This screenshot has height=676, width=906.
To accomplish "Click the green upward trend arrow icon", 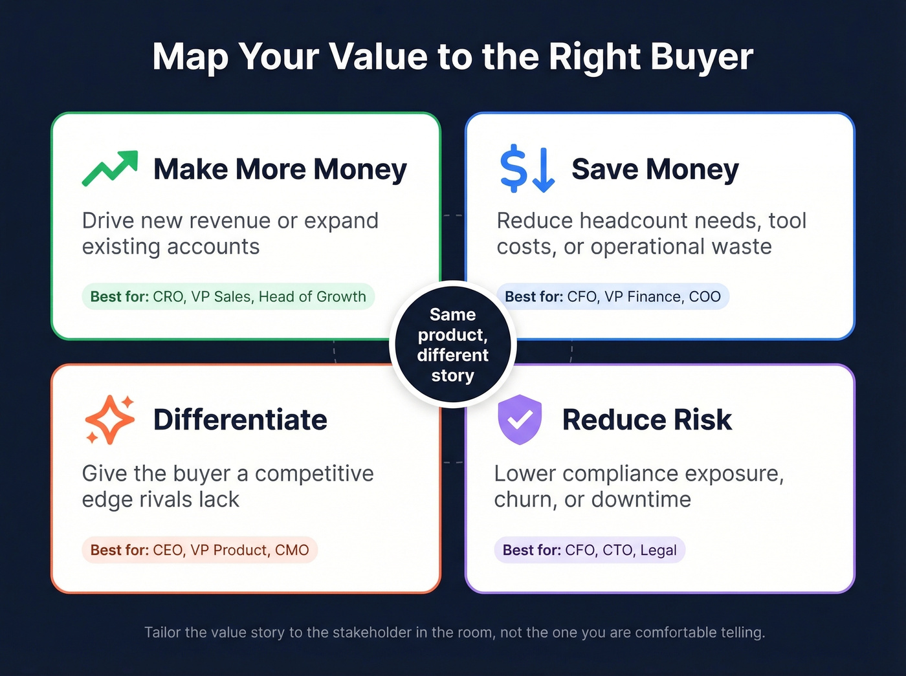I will click(110, 168).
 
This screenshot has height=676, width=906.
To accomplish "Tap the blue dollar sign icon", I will click(527, 169).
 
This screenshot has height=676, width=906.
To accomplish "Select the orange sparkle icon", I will click(109, 420).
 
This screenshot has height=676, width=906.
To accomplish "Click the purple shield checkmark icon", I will click(519, 420).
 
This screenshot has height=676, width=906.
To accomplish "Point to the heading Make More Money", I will click(280, 169).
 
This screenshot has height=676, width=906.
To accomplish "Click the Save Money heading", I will click(655, 169).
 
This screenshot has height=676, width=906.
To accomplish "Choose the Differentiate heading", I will click(240, 420).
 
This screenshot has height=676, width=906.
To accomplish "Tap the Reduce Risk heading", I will click(646, 420).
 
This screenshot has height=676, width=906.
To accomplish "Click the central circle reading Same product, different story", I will click(452, 345).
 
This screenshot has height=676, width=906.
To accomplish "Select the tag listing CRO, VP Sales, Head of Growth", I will click(228, 297).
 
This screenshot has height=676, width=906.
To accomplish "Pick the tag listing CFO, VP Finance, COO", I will click(612, 297).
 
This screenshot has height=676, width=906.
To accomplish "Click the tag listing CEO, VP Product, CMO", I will click(199, 551).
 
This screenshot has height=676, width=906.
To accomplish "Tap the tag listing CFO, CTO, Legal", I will click(589, 551).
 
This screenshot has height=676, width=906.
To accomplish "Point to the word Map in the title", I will click(190, 57).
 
